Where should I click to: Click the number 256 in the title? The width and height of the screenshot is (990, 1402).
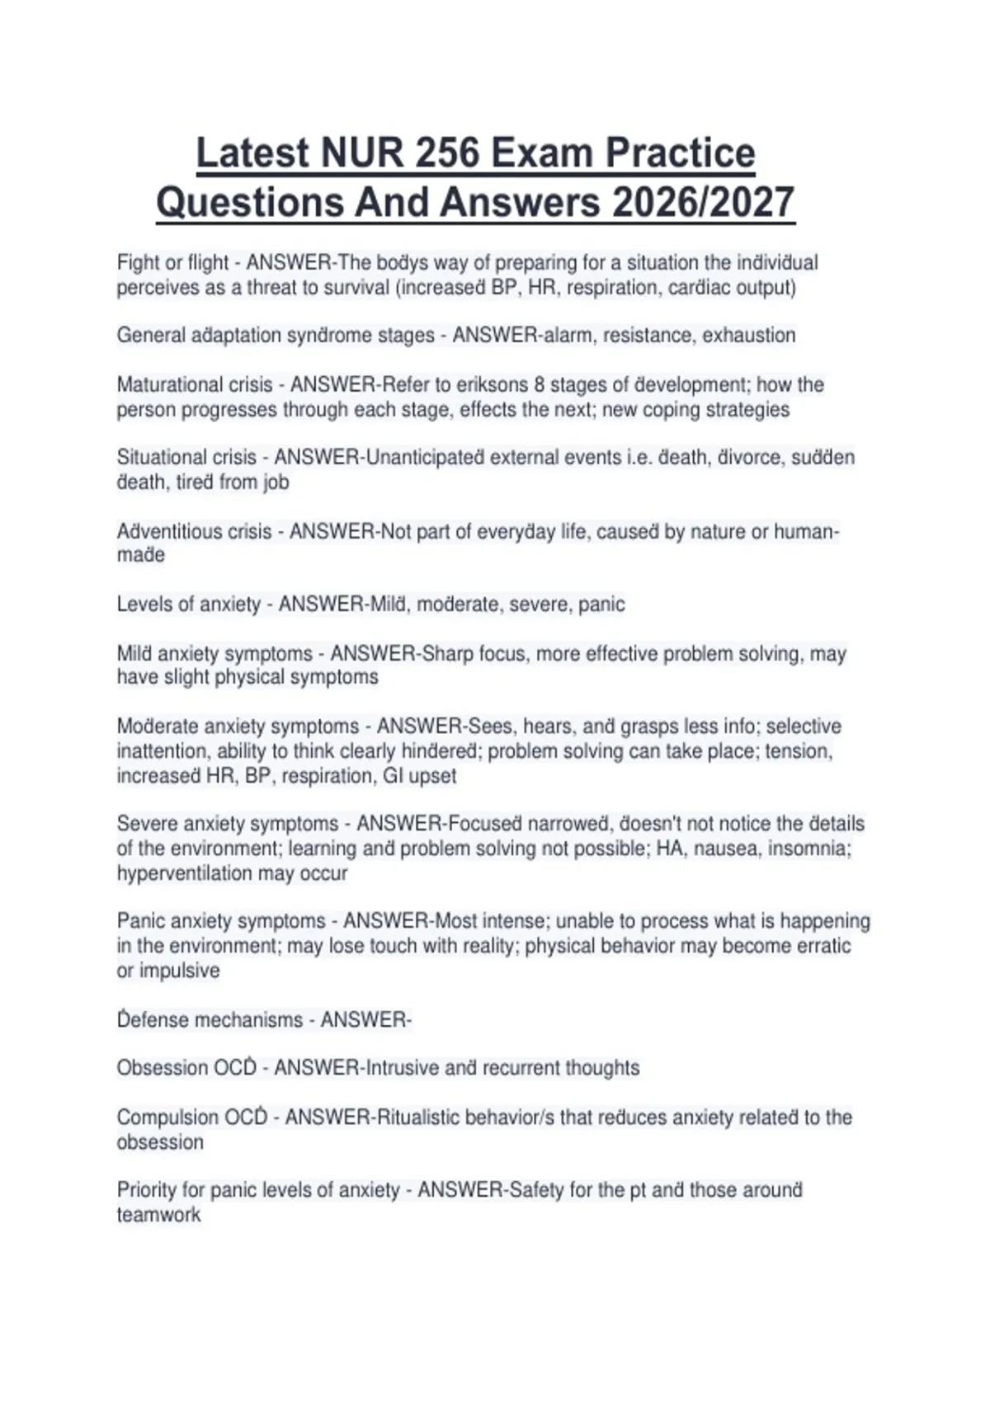click(447, 153)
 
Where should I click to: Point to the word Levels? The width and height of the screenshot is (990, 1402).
click(144, 605)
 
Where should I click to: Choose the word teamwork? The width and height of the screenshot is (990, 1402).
click(158, 1215)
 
